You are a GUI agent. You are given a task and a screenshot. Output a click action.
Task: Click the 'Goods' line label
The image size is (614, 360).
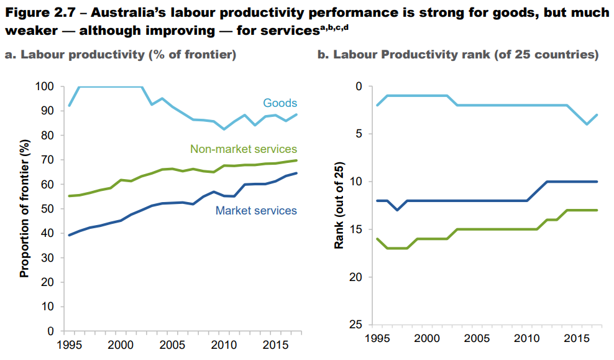(280, 103)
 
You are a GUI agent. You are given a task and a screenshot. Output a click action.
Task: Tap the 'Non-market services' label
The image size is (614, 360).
(244, 149)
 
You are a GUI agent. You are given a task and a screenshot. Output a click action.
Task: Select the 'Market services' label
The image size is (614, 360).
(256, 211)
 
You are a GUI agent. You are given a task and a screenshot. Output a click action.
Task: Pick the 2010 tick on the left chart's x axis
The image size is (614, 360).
(224, 343)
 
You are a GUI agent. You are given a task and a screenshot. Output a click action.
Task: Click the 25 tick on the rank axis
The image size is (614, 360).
(355, 325)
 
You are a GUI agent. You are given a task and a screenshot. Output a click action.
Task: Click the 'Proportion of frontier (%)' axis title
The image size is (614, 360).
(24, 208)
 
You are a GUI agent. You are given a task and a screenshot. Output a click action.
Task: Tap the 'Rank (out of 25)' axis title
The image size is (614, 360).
(339, 205)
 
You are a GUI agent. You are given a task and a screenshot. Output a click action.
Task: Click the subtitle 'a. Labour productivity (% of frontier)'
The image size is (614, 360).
(121, 55)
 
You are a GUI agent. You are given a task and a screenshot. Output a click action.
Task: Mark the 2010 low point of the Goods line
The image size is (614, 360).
(224, 129)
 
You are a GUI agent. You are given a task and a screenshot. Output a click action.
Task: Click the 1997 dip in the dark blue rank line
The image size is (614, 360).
(397, 210)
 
